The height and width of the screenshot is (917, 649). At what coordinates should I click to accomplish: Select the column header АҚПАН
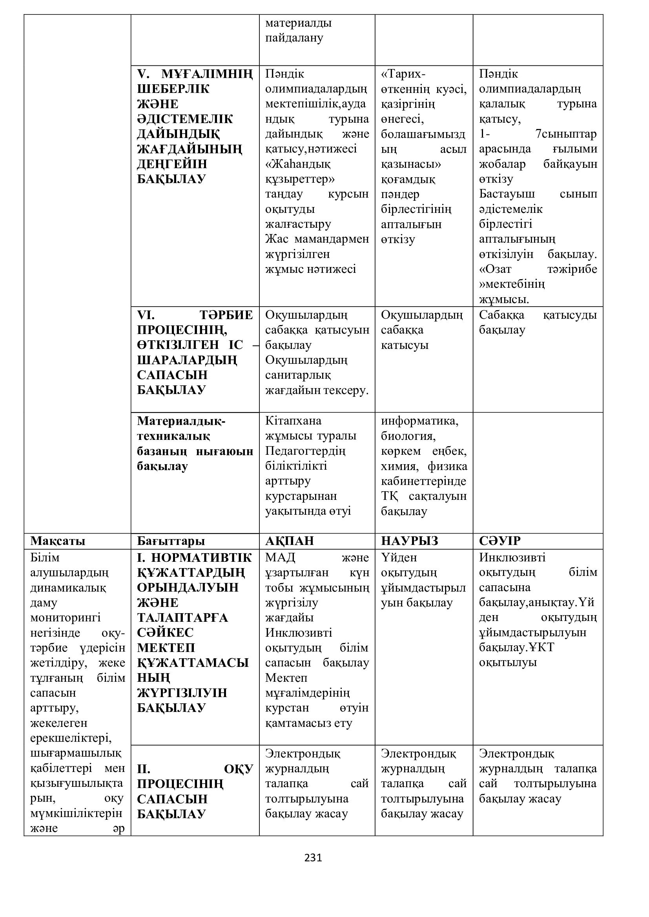click(289, 541)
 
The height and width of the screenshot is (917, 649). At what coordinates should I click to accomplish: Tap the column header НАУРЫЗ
click(409, 541)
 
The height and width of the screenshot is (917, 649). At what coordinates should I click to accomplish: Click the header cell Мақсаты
click(58, 541)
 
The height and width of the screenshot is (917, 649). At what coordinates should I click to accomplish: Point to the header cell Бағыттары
click(171, 541)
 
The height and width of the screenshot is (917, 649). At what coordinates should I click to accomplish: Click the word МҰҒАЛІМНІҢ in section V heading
click(207, 74)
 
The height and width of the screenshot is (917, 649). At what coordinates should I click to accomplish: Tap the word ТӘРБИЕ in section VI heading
click(226, 315)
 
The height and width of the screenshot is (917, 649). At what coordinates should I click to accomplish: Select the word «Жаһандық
click(298, 164)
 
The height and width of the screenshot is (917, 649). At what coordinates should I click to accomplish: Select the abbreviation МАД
click(280, 557)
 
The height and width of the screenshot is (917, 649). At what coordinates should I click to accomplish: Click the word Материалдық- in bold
click(181, 421)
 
